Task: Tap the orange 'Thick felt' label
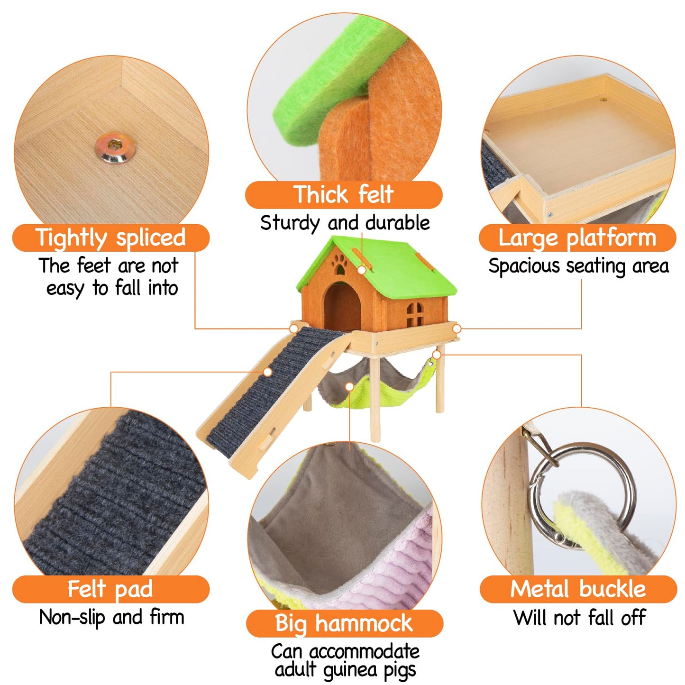(343, 194)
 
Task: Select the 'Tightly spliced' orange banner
(110, 237)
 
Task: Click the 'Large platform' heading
(577, 237)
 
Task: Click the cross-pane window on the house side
(414, 314)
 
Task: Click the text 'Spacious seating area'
(578, 266)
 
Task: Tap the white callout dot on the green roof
(362, 270)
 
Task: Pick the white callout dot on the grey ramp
(268, 372)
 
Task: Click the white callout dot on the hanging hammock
(350, 386)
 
